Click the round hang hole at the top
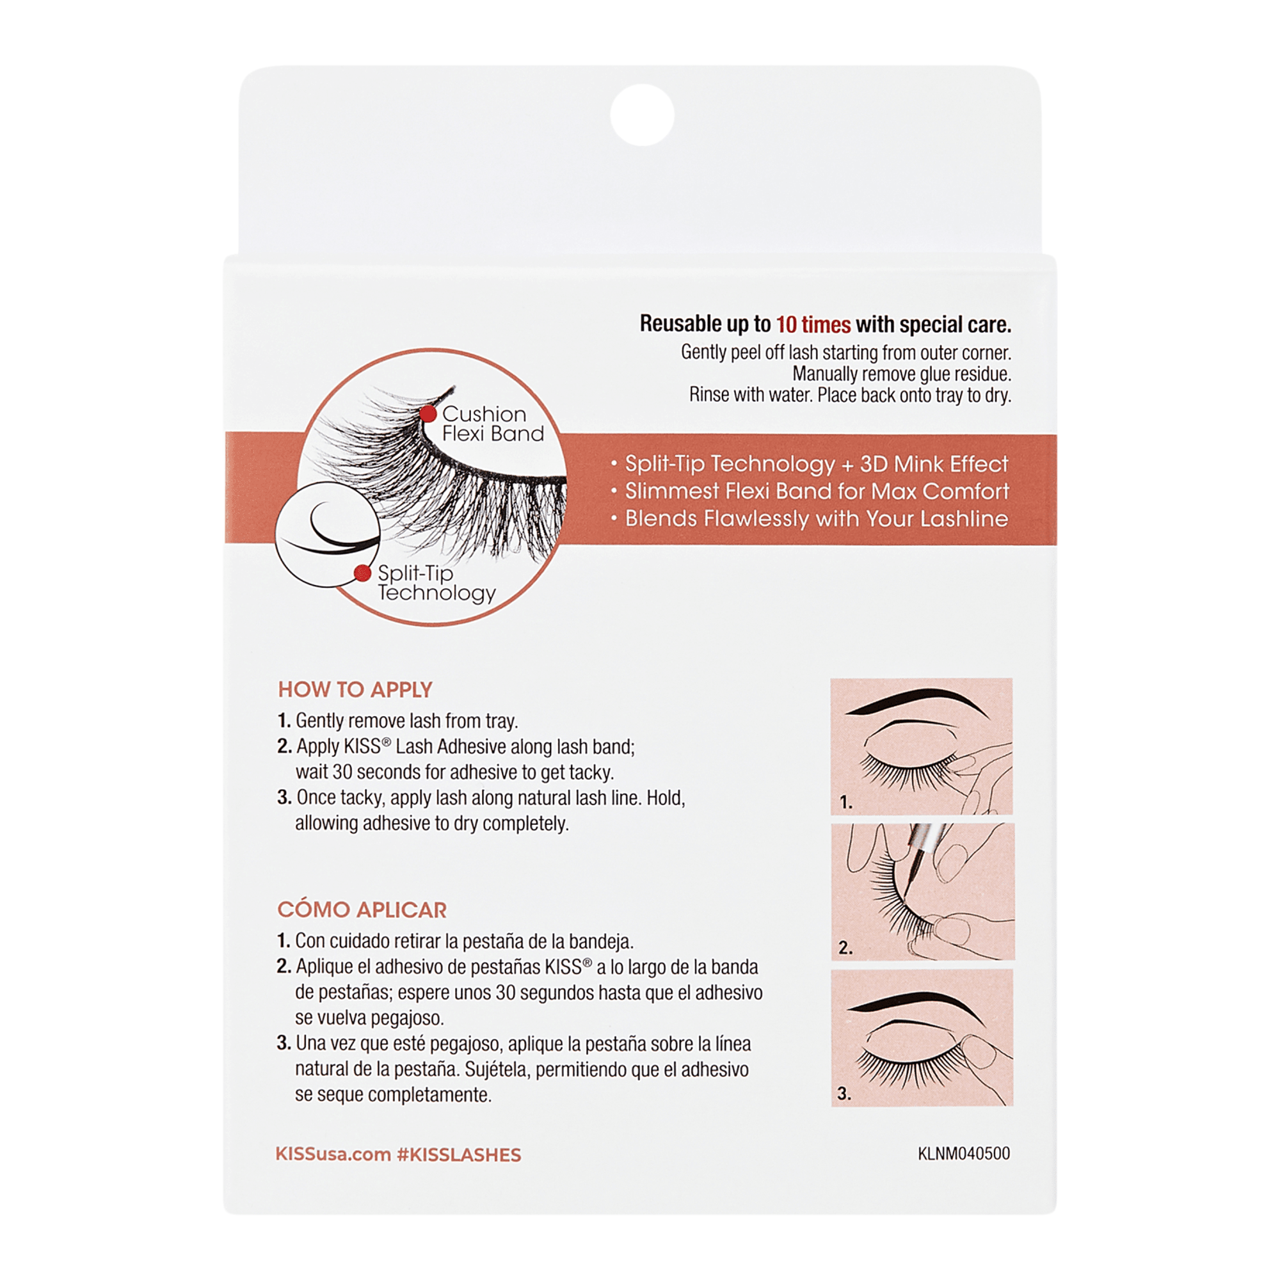pos(642,115)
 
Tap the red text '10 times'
pos(813,324)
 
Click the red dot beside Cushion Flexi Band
pos(428,414)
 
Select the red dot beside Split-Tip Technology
pos(362,573)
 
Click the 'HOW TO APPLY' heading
pos(355,690)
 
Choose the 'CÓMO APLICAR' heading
pos(362,909)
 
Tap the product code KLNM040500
pos(963,1153)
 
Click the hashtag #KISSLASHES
pos(458,1155)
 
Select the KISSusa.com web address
pos(333,1155)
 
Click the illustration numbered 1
pos(922,746)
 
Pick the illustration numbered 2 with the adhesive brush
pos(922,892)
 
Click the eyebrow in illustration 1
pos(918,702)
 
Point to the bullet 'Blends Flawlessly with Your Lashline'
pos(809,519)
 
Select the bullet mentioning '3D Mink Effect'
pos(809,464)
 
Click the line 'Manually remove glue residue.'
pos(902,374)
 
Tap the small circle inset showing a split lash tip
pos(328,534)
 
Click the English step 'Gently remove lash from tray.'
pos(397,721)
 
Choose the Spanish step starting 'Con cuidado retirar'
pos(455,941)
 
